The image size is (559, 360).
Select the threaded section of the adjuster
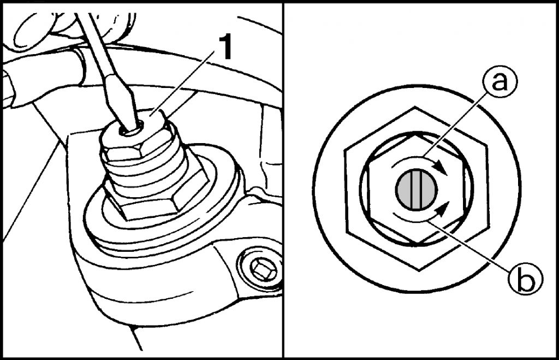point(146,168)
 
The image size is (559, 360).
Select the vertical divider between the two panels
point(283,180)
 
